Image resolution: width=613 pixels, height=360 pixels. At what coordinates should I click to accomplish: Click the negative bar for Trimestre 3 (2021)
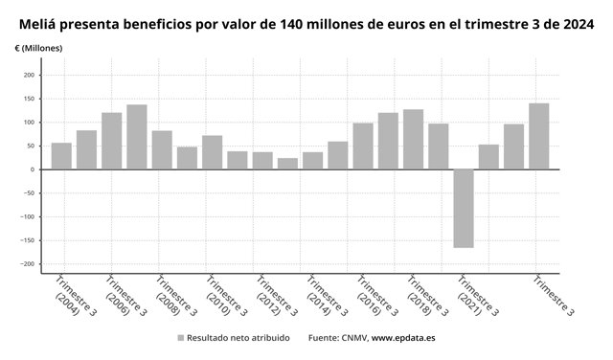[x=464, y=209]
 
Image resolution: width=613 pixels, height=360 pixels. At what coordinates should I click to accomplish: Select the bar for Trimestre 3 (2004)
[x=61, y=156]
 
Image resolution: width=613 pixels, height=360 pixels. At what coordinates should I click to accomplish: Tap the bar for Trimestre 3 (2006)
[x=112, y=141]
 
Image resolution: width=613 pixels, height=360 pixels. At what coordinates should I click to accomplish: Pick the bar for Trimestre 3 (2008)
[x=162, y=150]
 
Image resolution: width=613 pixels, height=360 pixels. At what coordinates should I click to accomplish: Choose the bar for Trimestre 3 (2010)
[x=213, y=152]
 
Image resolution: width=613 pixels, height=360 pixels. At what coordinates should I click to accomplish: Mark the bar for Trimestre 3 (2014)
[x=313, y=161]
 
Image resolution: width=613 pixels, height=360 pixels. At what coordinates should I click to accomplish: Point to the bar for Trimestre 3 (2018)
[x=413, y=139]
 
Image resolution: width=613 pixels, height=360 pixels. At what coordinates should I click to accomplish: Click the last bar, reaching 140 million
[x=539, y=136]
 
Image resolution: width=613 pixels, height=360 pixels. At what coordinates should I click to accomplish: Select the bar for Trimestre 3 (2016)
[x=363, y=146]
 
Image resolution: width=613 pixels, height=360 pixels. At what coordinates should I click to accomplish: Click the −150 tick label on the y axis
[x=28, y=240]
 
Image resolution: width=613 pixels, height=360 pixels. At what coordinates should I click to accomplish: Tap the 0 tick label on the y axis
[x=33, y=169]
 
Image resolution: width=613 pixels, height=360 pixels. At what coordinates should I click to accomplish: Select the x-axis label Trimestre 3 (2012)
[x=275, y=296]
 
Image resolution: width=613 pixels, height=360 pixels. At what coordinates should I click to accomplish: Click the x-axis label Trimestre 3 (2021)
[x=477, y=296]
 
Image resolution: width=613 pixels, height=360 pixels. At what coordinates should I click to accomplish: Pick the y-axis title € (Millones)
[x=38, y=48]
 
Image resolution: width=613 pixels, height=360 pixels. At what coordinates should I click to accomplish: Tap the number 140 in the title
[x=291, y=25]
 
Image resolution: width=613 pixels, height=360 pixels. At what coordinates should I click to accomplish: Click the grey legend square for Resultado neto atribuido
[x=181, y=338]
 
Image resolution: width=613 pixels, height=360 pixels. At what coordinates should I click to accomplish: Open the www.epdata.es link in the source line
[x=403, y=338]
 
